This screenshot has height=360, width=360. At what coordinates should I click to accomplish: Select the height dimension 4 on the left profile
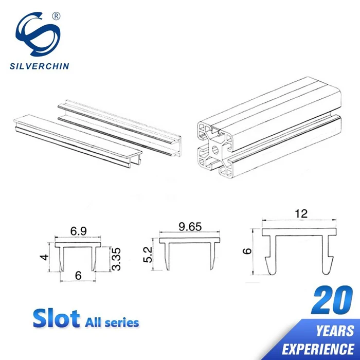click(x=47, y=256)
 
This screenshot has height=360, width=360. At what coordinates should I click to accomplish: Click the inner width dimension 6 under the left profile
click(x=78, y=275)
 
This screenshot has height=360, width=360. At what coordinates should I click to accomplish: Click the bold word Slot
click(x=56, y=319)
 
